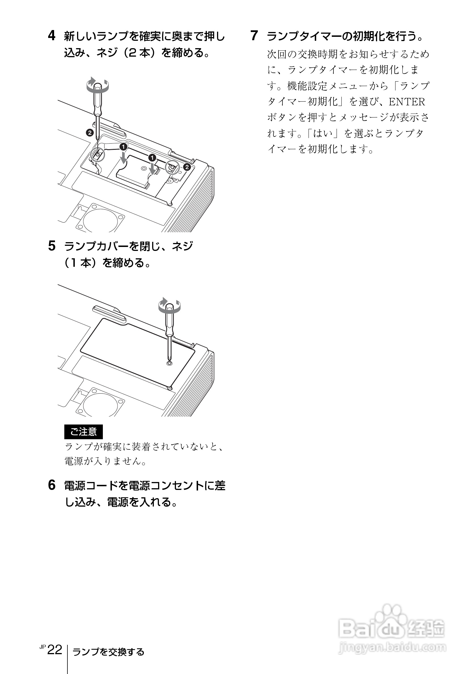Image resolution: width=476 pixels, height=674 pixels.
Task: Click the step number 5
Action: point(52,246)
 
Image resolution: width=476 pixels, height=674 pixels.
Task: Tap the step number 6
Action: point(52,485)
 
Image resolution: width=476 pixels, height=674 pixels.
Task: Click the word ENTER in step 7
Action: point(407,102)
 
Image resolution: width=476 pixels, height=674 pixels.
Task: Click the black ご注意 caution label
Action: point(83,432)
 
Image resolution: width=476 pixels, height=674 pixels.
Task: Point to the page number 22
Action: point(55,650)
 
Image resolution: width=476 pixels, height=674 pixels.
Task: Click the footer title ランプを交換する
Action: point(108,652)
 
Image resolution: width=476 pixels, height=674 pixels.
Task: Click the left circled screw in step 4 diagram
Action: point(97,154)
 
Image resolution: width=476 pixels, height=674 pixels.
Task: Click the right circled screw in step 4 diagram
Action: point(172,168)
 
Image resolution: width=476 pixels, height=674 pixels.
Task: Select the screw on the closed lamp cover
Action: point(169,363)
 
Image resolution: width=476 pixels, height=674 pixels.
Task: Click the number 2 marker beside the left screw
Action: point(90,133)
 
